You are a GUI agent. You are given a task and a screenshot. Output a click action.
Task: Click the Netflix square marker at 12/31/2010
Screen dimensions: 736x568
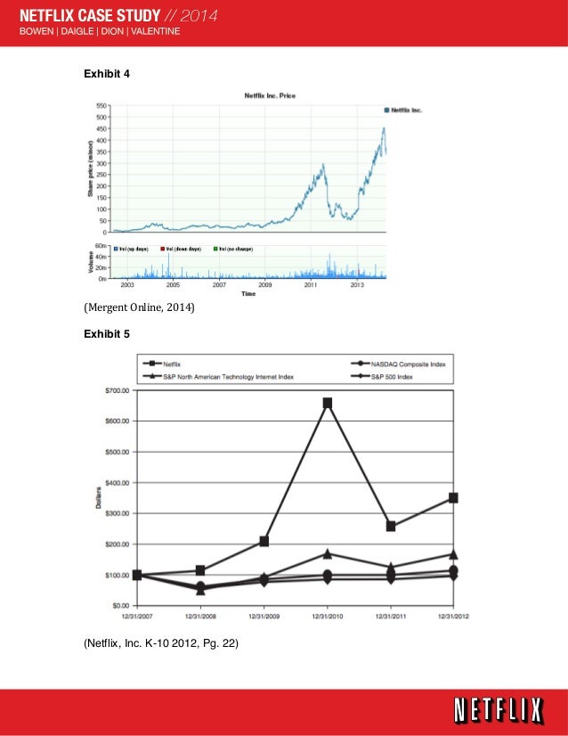point(328,403)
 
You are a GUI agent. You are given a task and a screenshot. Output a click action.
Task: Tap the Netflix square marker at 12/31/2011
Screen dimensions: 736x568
point(391,526)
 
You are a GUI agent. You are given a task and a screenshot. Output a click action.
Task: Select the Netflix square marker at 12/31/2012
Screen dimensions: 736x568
point(453,498)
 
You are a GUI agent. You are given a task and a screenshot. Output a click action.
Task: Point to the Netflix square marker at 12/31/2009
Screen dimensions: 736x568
point(264,541)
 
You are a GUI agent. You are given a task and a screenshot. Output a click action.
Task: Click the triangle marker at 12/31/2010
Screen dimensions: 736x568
point(328,554)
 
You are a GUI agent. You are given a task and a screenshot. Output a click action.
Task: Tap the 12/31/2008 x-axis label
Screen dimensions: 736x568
point(200,616)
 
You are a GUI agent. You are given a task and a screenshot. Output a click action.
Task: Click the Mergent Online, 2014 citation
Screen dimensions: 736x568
point(139,308)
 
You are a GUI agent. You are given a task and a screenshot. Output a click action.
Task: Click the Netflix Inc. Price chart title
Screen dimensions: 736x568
point(271,94)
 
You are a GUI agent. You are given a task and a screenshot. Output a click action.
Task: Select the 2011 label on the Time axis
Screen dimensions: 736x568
point(311,285)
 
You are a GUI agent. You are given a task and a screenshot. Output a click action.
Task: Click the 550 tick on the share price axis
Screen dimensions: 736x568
point(102,106)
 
